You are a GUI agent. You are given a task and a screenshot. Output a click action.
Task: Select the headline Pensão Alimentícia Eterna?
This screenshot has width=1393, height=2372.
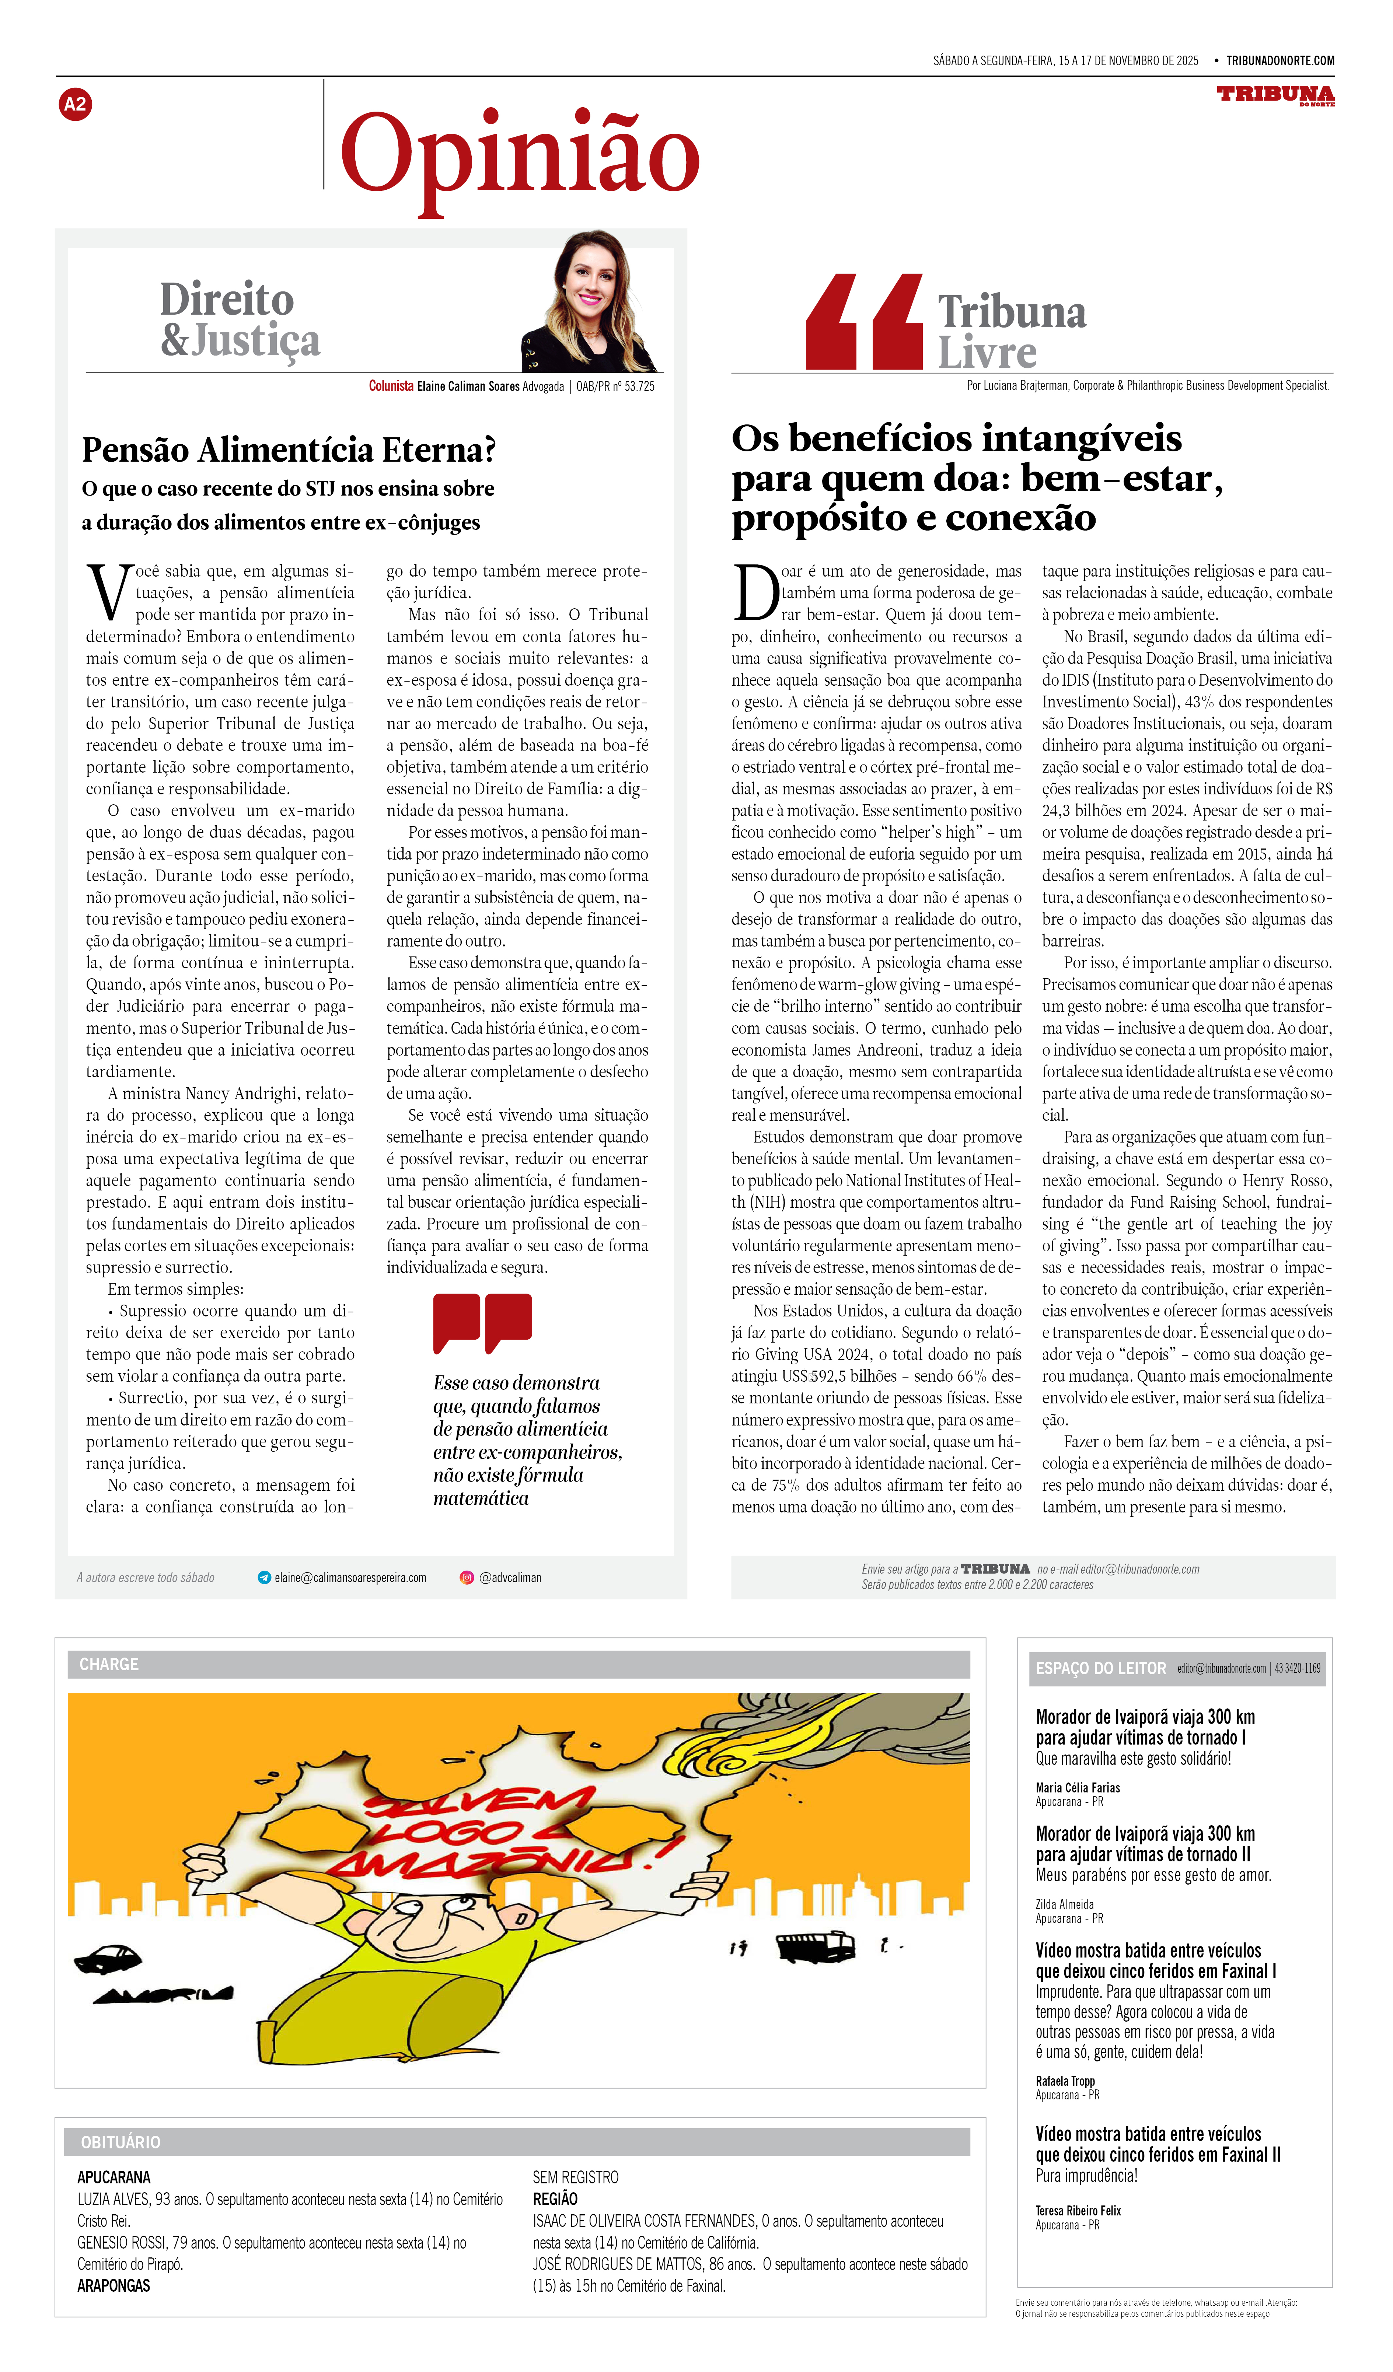coord(288,450)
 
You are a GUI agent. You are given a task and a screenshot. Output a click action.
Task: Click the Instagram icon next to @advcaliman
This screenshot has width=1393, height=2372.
coord(466,1578)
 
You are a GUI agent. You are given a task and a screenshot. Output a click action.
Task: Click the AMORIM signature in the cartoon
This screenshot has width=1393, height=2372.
coord(162,1994)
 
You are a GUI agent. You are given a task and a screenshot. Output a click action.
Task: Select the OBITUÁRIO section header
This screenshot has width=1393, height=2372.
coord(121,2142)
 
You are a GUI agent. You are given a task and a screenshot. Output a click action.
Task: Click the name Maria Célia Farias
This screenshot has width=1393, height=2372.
coord(1078,1787)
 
